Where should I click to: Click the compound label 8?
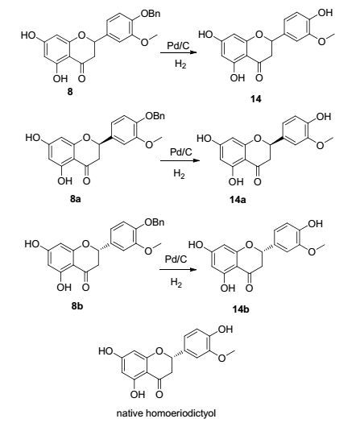pyautogui.click(x=70, y=92)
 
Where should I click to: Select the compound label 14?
pyautogui.click(x=256, y=99)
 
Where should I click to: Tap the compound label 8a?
pyautogui.click(x=76, y=199)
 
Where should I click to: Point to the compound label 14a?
pyautogui.click(x=238, y=200)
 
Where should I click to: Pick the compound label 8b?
pyautogui.click(x=77, y=306)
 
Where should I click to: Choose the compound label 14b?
pyautogui.click(x=241, y=309)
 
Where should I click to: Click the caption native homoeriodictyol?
pyautogui.click(x=166, y=413)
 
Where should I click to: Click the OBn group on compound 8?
pyautogui.click(x=151, y=14)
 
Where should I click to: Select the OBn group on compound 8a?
pyautogui.click(x=155, y=116)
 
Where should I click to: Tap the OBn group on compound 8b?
pyautogui.click(x=155, y=222)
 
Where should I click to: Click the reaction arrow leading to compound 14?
pyautogui.click(x=177, y=52)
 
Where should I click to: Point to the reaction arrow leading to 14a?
pyautogui.click(x=180, y=161)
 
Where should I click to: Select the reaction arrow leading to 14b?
pyautogui.click(x=178, y=269)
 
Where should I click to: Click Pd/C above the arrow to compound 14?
pyautogui.click(x=178, y=45)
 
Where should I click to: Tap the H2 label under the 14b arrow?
pyautogui.click(x=176, y=283)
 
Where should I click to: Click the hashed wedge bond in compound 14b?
pyautogui.click(x=268, y=247)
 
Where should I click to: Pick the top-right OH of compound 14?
pyautogui.click(x=325, y=12)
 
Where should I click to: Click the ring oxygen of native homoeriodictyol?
pyautogui.click(x=159, y=351)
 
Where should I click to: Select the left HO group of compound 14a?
pyautogui.click(x=204, y=139)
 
